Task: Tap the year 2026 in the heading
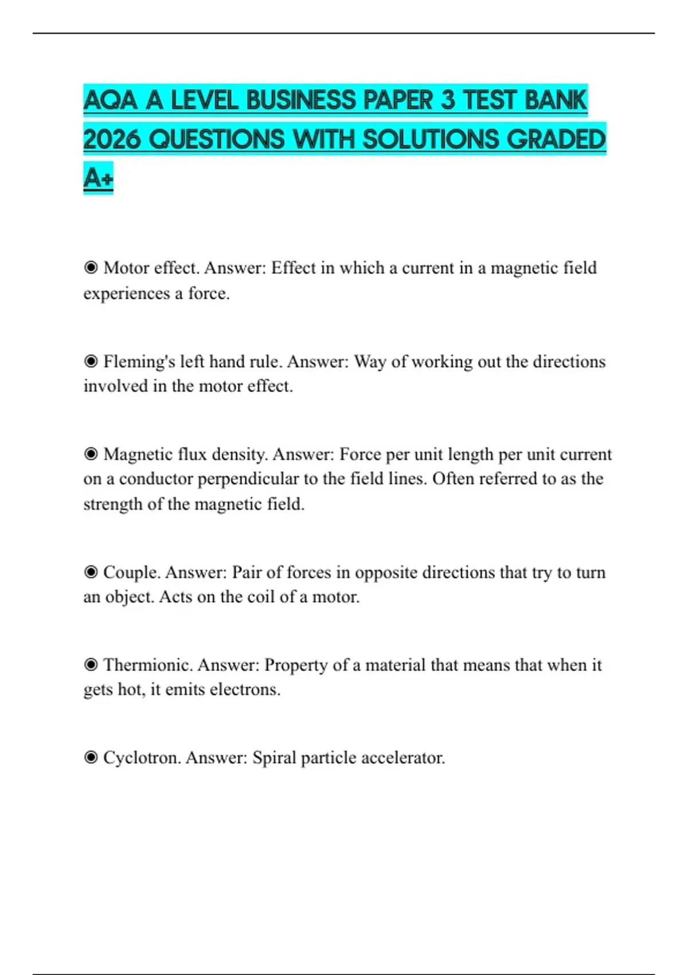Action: tap(112, 139)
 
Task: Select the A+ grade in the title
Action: tap(98, 178)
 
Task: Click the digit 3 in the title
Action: tap(448, 100)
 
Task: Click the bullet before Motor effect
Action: tap(91, 268)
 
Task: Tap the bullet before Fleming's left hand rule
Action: tap(91, 361)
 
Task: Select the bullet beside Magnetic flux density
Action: tap(91, 454)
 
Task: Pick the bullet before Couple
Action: tap(91, 572)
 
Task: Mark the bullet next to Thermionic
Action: tap(91, 665)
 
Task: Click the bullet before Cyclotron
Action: tap(91, 758)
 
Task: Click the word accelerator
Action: tap(401, 758)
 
